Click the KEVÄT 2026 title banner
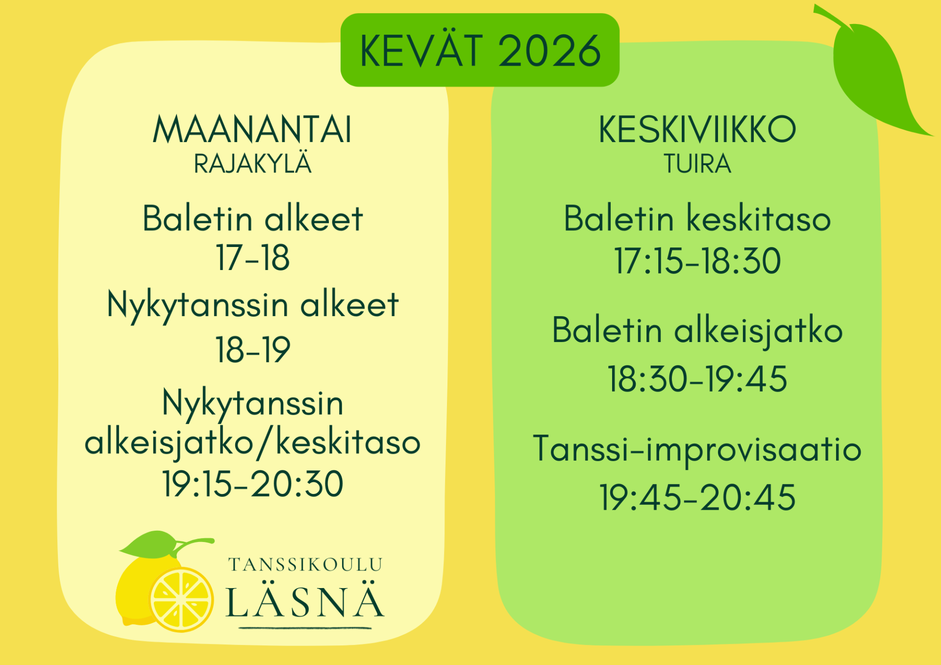coord(480,50)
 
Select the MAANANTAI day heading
coord(252,129)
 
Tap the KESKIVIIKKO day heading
coord(697,129)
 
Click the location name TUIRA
coord(697,164)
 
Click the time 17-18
coord(252,257)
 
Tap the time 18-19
coord(252,349)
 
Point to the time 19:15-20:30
coord(252,484)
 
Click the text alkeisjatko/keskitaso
coord(252,443)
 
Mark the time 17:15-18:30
coord(697,261)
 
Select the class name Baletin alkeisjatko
coord(697,331)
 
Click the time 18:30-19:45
coord(697,379)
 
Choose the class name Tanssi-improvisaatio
coord(697,449)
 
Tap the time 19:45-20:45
coord(697,497)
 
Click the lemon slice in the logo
coord(181,599)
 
